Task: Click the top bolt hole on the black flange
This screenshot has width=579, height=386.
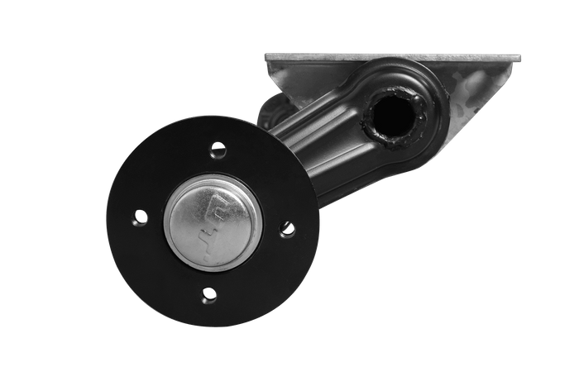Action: [218, 150]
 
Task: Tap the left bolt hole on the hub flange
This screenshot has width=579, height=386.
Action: [141, 217]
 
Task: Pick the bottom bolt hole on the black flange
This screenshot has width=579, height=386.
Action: [209, 293]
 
